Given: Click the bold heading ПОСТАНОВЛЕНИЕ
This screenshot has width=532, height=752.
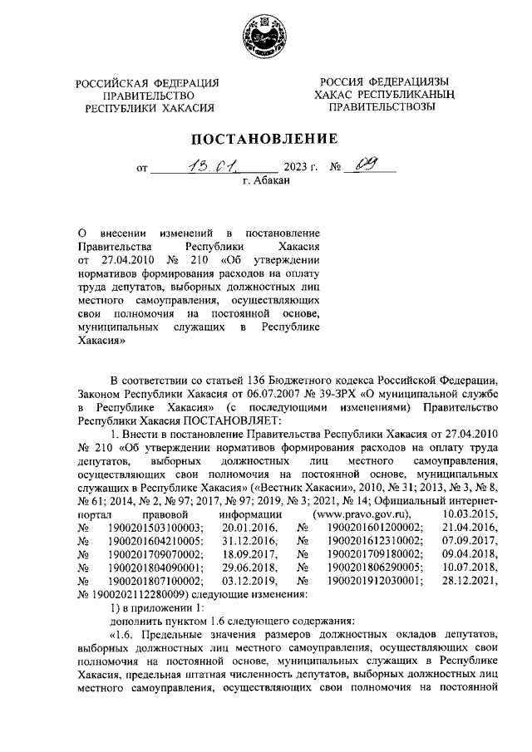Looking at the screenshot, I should (x=265, y=138).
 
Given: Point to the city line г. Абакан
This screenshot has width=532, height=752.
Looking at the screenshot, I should (x=265, y=180).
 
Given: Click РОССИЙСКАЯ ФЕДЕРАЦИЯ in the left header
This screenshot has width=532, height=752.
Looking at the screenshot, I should (x=146, y=82).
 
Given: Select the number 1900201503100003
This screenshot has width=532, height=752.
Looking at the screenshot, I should (x=155, y=528).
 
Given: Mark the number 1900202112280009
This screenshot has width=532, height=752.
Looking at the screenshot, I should (x=140, y=594).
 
